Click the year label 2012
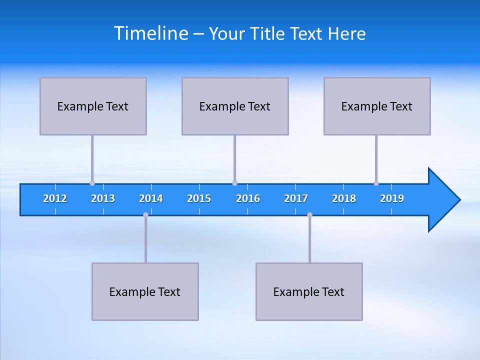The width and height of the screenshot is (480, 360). pos(55,198)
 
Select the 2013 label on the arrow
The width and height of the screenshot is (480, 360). pos(103,198)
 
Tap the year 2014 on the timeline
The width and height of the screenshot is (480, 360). pos(151,198)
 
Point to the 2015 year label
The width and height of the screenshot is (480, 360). pos(199,198)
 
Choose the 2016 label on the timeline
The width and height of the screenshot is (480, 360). pos(248,198)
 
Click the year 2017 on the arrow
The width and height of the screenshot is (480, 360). pos(296,198)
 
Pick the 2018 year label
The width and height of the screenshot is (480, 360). pos(344,198)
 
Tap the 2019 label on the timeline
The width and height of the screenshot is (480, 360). pos(392,198)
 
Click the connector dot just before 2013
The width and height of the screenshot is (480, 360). pos(92,183)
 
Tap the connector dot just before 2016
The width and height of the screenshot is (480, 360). pos(234,183)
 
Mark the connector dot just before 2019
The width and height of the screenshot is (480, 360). pos(376,183)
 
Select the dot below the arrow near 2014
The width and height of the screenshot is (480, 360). pos(145,214)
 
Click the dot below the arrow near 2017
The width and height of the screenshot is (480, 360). pos(309,214)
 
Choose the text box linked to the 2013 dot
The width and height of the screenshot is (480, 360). pos(93,106)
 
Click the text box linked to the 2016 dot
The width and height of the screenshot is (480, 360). pos(235,106)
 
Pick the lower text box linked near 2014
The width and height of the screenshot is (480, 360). pos(145,291)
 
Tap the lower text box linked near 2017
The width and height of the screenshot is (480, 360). pos(309,291)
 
